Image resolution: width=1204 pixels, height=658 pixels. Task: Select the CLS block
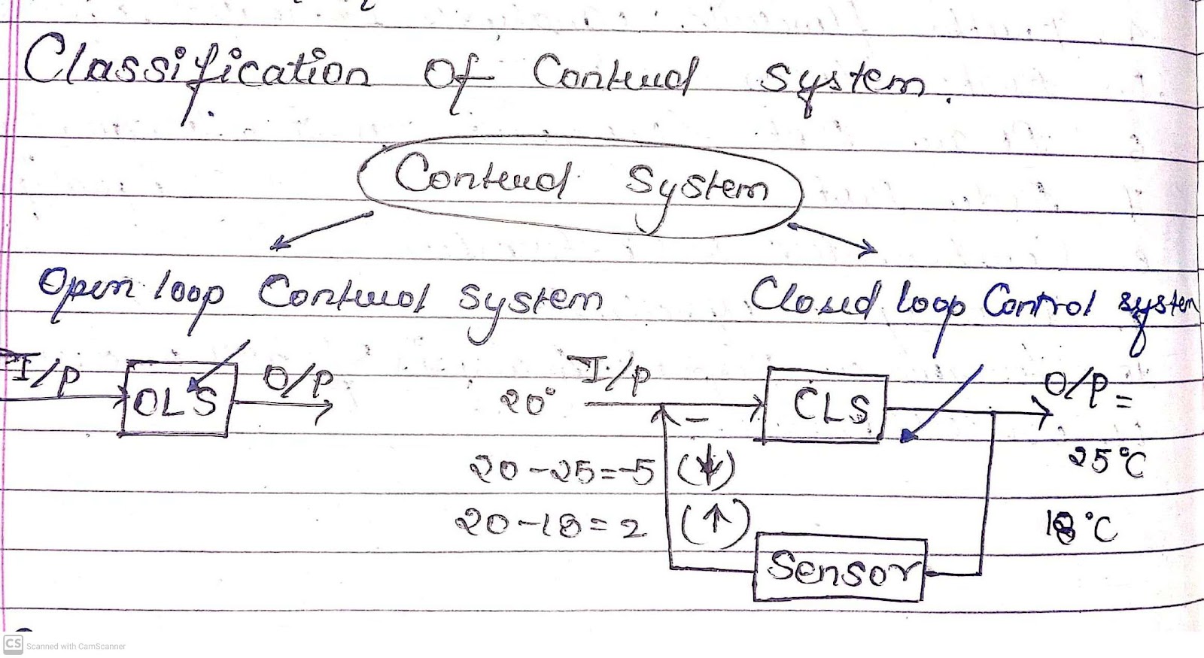tap(826, 405)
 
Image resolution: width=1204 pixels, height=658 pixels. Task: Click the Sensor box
tap(840, 569)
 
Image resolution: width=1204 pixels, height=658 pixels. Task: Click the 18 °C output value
tap(1081, 526)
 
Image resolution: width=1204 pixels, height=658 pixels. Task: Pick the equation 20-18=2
tap(550, 524)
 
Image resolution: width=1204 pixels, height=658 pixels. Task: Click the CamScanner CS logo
tap(13, 644)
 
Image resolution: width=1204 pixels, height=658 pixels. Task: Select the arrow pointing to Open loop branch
tap(321, 229)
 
